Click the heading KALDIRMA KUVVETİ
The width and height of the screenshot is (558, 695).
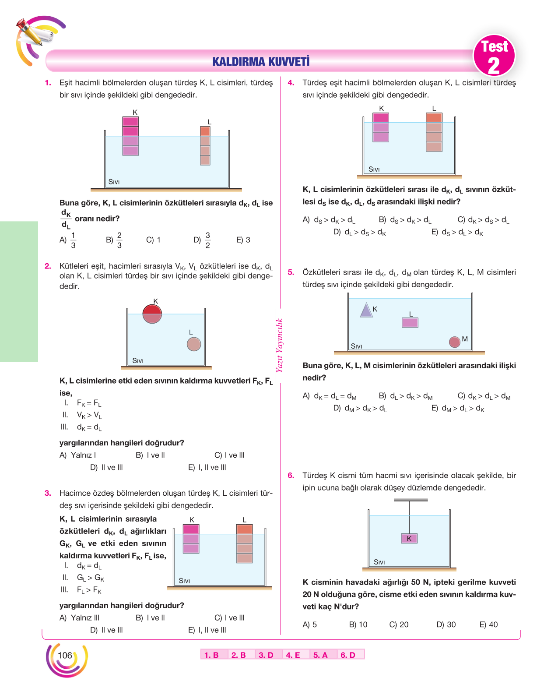coord(260,61)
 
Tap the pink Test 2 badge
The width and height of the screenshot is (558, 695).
coord(494,56)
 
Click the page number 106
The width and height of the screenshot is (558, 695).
coord(65,655)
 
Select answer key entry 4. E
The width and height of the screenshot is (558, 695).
coord(293,655)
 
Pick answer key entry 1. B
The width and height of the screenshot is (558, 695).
coord(211,655)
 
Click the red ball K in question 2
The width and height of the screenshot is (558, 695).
coord(152,314)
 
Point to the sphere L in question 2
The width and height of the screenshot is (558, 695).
coord(193,344)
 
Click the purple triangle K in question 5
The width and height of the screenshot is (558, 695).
coord(366,310)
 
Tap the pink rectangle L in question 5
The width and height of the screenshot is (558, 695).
coord(410,322)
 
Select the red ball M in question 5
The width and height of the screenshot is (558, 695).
coord(454,342)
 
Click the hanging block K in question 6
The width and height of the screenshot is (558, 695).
coord(409,538)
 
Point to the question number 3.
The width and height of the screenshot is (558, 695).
coord(48,493)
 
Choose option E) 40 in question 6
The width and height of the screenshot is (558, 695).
coord(488,624)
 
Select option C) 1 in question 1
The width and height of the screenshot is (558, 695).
coord(153,240)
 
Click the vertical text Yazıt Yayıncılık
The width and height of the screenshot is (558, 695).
coord(279,345)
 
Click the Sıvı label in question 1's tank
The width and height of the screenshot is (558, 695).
coord(114,182)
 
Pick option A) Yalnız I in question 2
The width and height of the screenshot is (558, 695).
coord(78,455)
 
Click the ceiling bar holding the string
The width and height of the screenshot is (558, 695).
coord(411,500)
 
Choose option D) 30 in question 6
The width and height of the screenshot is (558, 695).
coord(446,624)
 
